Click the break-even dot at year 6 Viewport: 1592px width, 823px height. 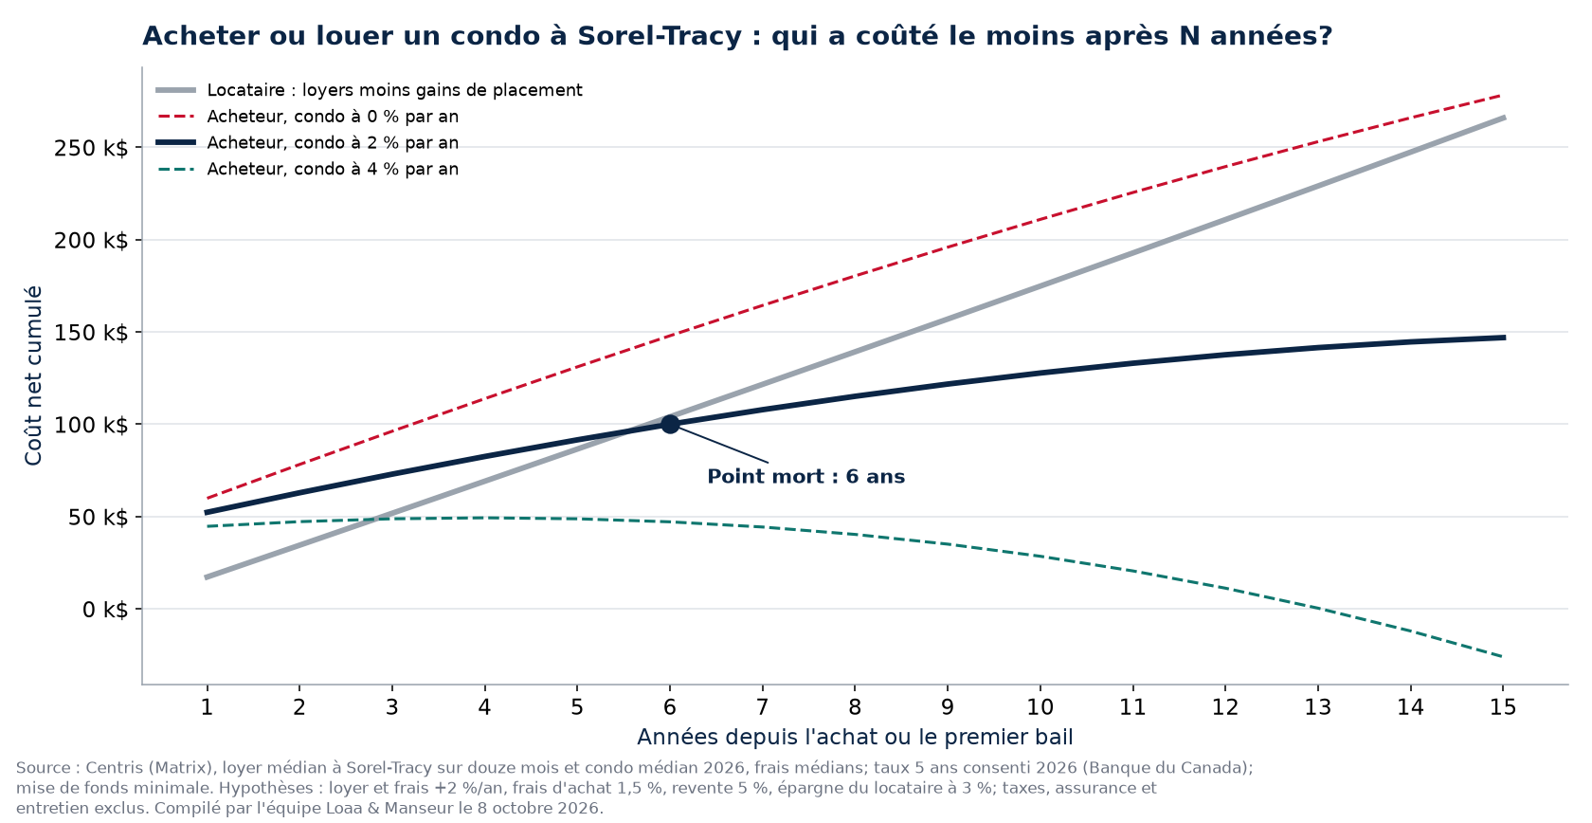[669, 425]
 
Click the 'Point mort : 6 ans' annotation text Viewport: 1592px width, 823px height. [805, 477]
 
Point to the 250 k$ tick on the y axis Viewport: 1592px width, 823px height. [91, 148]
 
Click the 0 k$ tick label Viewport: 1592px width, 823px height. [105, 610]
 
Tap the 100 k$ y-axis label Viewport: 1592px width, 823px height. [91, 425]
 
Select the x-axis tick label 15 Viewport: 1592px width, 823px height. [1503, 707]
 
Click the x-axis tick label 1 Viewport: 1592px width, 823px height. [207, 707]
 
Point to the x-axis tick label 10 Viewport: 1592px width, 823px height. [1040, 707]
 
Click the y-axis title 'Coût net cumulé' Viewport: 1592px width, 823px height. [33, 376]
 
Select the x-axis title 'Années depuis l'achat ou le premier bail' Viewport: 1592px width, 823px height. [855, 737]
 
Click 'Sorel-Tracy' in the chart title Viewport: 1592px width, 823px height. [660, 36]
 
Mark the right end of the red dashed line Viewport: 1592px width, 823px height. [1502, 96]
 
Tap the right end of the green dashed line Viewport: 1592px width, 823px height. [1502, 656]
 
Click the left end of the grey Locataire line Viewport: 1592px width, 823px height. [207, 577]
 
